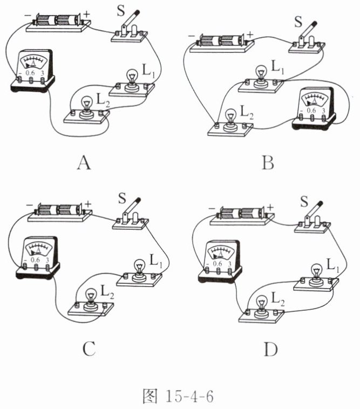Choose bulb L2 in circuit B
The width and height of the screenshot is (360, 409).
click(230, 119)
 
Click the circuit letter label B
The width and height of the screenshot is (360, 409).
click(267, 161)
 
